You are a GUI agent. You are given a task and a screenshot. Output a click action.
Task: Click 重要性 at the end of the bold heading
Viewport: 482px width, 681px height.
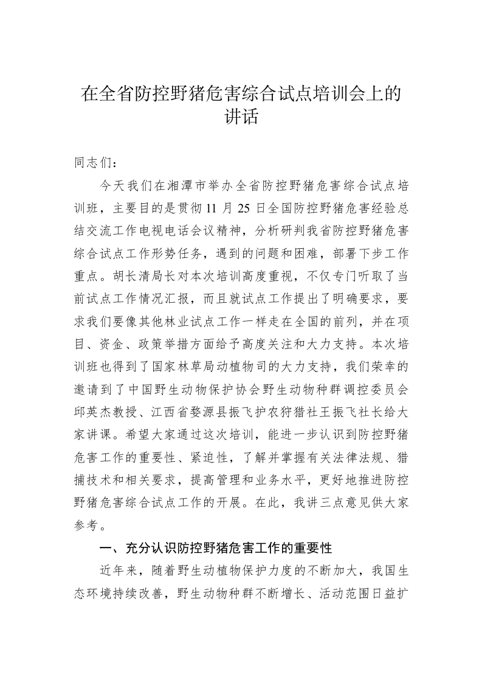(x=312, y=547)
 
